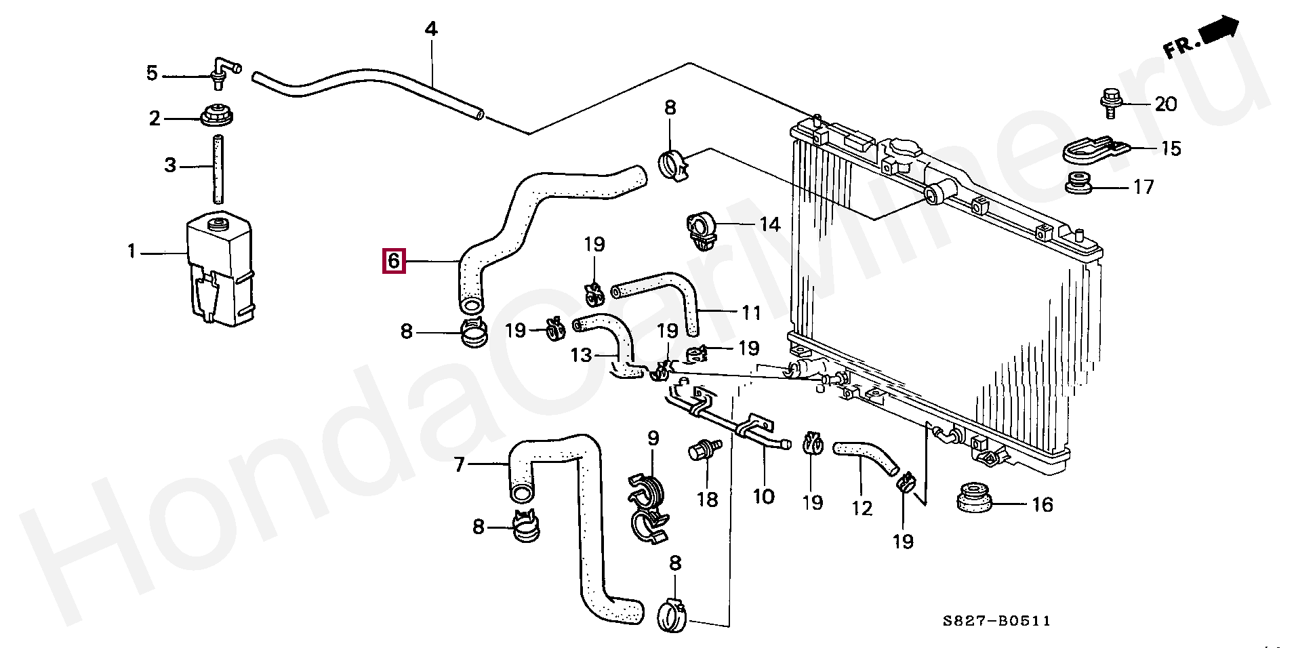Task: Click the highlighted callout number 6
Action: click(x=394, y=261)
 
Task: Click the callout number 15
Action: click(x=1170, y=148)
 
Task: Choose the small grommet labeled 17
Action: click(x=1078, y=183)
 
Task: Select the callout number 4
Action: click(x=431, y=29)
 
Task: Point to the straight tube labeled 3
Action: click(x=218, y=169)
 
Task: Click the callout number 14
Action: click(x=769, y=224)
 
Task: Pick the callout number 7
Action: click(x=460, y=465)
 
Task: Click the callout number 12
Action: click(x=862, y=508)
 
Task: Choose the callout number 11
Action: click(x=751, y=312)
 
